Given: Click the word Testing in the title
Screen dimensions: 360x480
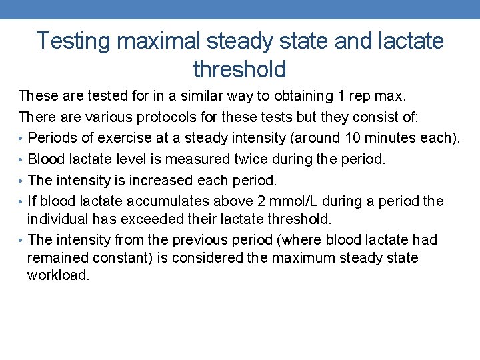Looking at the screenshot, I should [73, 41].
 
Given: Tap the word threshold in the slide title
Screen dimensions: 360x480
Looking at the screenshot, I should [239, 69].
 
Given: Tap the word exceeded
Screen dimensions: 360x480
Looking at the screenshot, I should [139, 219].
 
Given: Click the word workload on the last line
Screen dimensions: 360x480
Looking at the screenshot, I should [58, 275].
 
